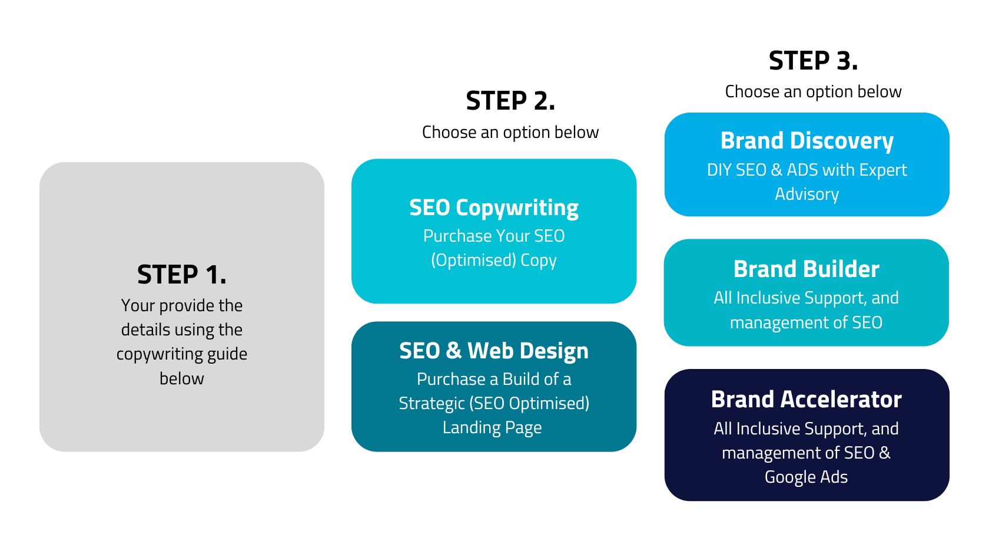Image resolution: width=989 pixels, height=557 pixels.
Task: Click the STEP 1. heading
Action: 181,275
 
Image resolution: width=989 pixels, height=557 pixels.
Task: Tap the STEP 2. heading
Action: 510,101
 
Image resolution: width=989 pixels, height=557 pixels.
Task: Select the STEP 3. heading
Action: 813,61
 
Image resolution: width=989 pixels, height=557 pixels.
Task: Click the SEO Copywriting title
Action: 494,207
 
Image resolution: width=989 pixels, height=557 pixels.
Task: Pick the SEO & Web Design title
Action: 494,351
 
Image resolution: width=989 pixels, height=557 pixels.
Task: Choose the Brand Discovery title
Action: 807,141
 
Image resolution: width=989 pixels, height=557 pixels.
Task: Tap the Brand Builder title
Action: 806,269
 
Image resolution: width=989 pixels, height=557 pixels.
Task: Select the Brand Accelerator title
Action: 806,400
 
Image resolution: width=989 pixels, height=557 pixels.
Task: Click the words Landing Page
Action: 492,427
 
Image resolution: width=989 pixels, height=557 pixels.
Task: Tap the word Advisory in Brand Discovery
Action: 807,194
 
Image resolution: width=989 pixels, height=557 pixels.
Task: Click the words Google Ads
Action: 806,477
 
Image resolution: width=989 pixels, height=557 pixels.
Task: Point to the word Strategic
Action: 432,403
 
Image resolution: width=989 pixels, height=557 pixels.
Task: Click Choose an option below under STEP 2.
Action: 510,132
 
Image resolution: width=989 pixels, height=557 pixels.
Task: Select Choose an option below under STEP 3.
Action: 813,91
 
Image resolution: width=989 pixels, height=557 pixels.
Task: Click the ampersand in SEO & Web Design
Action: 453,351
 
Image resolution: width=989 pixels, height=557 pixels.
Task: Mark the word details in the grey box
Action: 145,329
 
